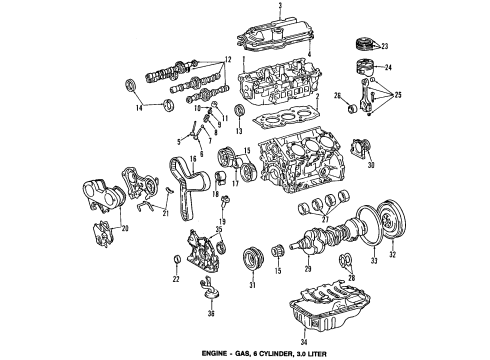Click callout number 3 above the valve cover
(x=280, y=7)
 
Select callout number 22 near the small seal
(x=176, y=279)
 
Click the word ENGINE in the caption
(x=275, y=351)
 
